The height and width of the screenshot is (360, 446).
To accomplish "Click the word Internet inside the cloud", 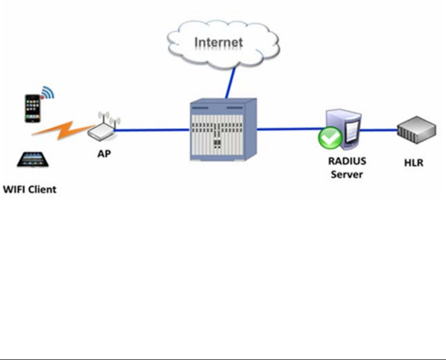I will (218, 43).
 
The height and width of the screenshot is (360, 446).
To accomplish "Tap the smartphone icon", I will (33, 108).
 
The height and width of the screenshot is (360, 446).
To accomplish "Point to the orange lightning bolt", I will (59, 130).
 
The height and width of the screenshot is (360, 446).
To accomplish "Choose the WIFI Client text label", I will (30, 189).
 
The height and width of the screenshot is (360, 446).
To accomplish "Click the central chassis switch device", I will (223, 130).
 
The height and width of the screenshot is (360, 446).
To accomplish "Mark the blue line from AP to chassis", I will (152, 130).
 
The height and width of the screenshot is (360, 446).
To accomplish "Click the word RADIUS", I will (347, 161).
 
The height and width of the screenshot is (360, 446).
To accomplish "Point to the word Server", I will (347, 174).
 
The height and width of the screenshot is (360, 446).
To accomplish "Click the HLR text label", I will (412, 163).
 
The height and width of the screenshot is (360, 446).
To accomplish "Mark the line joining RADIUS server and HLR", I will (379, 129).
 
